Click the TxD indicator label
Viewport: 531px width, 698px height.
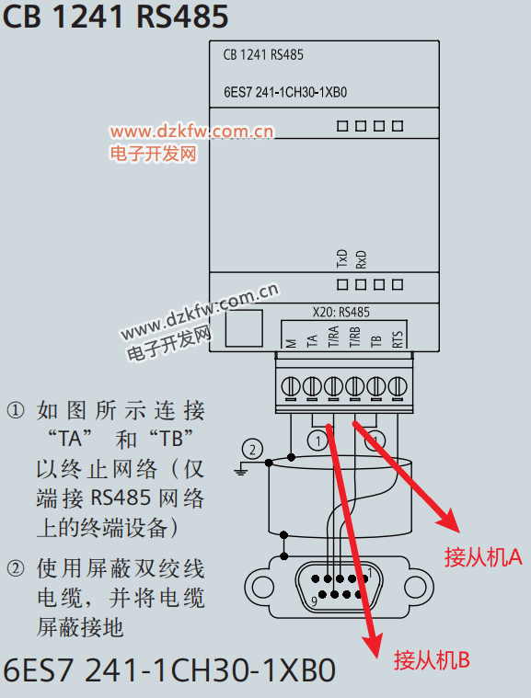[341, 258]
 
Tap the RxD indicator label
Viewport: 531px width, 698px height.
[361, 259]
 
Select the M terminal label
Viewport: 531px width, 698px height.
[291, 343]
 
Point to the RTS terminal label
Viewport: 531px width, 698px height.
[398, 339]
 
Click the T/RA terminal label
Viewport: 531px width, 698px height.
[333, 337]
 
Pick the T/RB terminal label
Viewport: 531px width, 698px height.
[354, 337]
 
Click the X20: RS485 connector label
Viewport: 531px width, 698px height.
[341, 312]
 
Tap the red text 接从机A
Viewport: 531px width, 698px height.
[483, 556]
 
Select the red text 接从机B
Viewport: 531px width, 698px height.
[432, 659]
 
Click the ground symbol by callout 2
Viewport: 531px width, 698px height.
[240, 469]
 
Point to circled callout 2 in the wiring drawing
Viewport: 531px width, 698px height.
[252, 449]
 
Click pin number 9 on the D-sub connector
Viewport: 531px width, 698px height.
[314, 601]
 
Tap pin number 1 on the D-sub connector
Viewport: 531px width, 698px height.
[369, 572]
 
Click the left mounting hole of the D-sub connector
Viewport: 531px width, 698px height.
[263, 587]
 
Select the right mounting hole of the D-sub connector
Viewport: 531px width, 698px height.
[415, 587]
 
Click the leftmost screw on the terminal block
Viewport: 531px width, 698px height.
[291, 386]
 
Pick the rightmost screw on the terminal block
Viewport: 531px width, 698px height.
[398, 386]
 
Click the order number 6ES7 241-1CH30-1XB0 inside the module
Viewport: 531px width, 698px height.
[285, 92]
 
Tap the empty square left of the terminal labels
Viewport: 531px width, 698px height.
[244, 328]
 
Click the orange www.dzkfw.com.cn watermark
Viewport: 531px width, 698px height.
[192, 132]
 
